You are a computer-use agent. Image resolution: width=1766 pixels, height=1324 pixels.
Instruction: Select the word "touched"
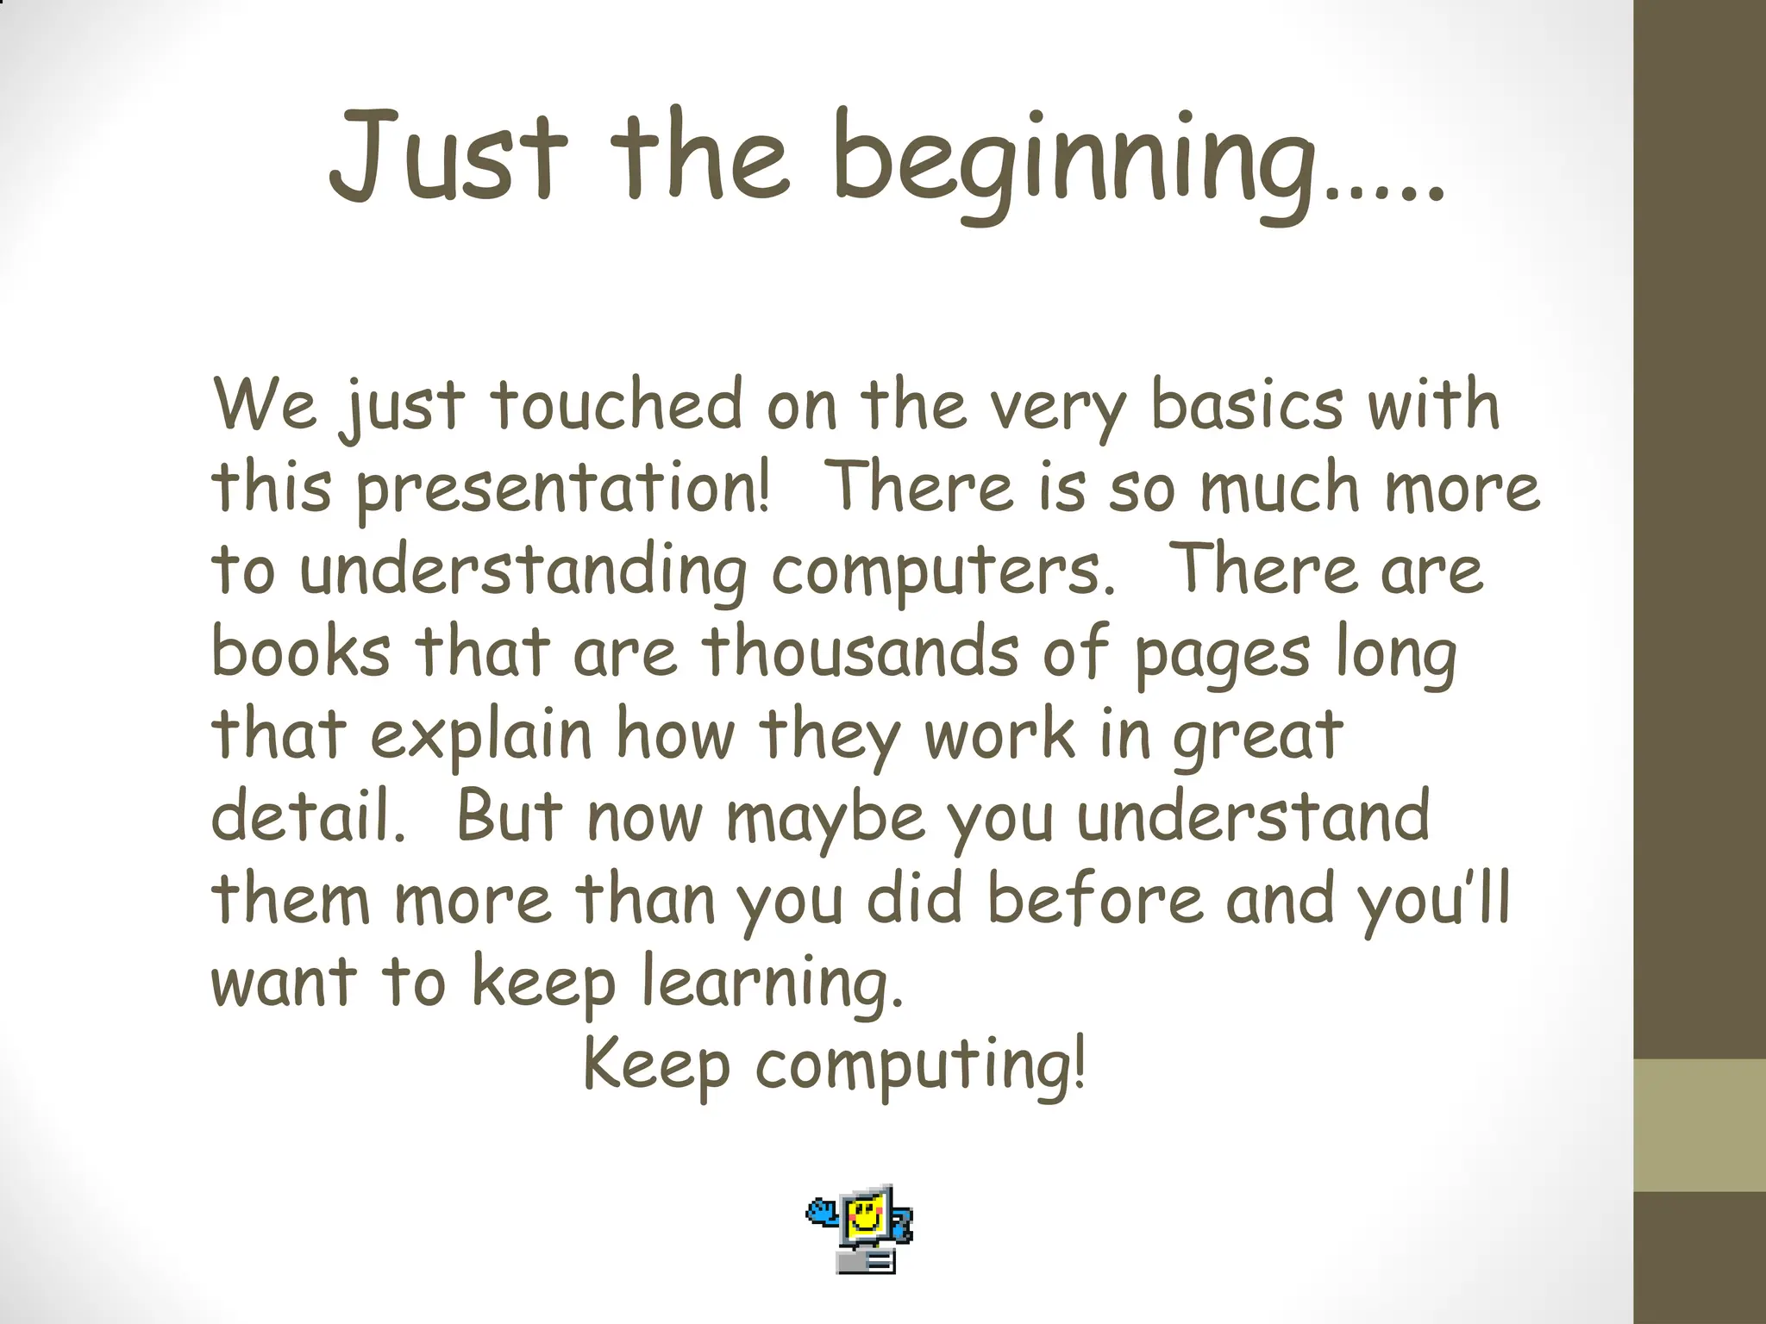[616, 405]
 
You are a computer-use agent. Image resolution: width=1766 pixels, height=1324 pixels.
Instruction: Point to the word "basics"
[1247, 405]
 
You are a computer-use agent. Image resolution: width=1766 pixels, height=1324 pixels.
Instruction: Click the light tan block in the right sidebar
[1700, 1125]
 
